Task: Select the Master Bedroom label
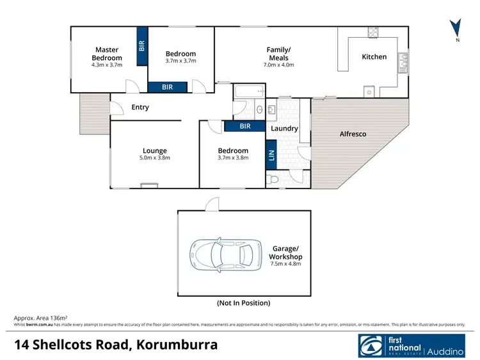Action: pos(107,54)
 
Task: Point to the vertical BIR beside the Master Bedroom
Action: pos(141,45)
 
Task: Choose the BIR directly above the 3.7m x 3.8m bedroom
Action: pos(244,126)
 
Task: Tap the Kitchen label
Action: pos(374,57)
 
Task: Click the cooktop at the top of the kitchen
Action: pos(373,31)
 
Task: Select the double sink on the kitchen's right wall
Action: pos(403,60)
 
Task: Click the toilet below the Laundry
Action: pos(273,181)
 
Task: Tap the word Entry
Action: pos(140,107)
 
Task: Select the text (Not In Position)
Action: pos(244,302)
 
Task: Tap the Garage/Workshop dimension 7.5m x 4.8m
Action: pos(286,263)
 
